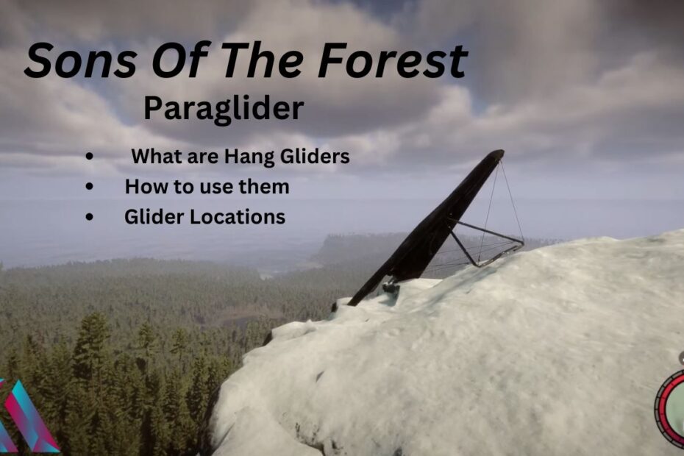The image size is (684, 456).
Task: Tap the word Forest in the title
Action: point(392,60)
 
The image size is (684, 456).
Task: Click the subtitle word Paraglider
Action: point(224,110)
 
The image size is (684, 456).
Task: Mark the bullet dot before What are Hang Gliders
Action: point(90,156)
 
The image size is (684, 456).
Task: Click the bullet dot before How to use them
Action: point(90,186)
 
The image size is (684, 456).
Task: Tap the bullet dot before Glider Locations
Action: point(90,216)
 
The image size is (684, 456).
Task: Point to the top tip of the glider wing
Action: point(501,152)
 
